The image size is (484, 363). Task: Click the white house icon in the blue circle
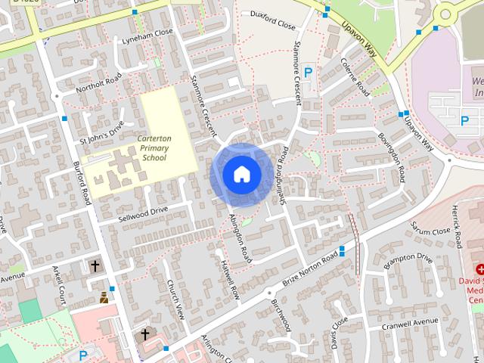click(x=241, y=174)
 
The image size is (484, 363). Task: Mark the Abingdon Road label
click(x=240, y=238)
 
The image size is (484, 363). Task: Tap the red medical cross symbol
click(x=479, y=269)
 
